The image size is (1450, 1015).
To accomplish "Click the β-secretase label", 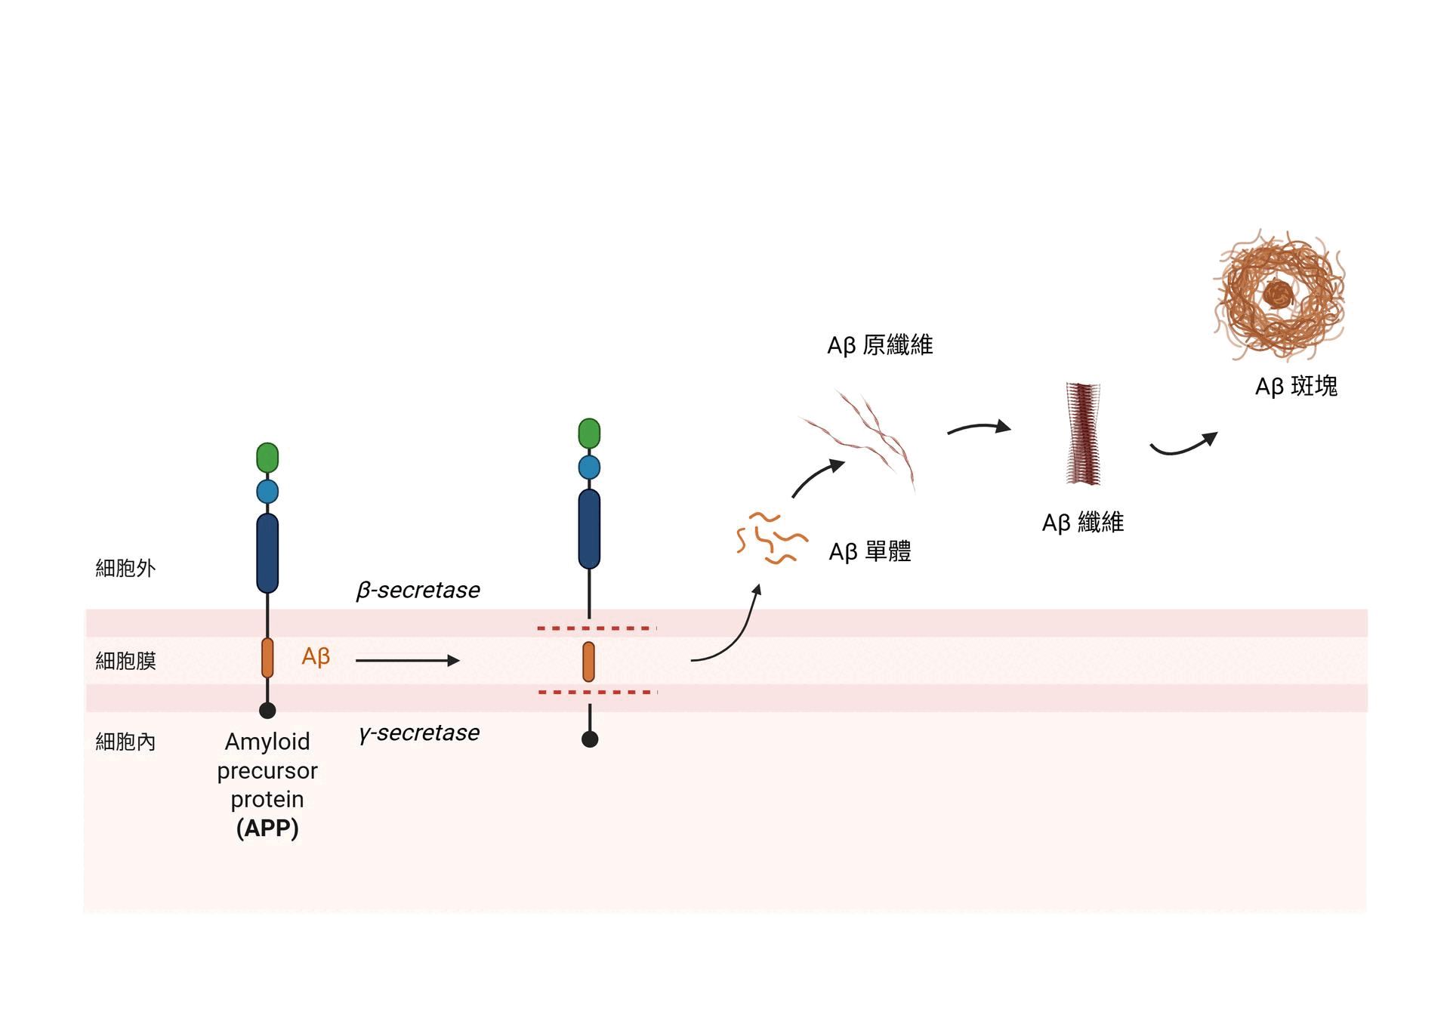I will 418,590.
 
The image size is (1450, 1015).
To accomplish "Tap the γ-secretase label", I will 419,733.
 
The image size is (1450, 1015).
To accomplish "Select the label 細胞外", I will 125,568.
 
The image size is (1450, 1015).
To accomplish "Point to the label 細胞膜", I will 125,661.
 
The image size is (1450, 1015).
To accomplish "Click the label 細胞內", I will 125,742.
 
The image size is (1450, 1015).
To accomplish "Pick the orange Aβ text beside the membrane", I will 316,656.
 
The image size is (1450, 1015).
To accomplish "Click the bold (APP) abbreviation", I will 267,828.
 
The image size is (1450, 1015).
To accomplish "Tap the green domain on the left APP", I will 267,458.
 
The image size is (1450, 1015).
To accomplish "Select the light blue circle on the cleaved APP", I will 589,467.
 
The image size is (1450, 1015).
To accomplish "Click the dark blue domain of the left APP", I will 267,553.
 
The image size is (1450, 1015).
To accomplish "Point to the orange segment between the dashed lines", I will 588,662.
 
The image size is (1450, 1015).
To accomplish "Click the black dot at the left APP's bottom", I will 267,711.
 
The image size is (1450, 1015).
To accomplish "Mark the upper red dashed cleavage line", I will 597,628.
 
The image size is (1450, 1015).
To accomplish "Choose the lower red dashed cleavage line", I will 597,692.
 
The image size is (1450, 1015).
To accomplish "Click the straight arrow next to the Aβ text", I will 407,661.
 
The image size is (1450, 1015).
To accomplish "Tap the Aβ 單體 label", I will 870,551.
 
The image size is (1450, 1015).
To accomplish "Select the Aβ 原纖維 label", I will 880,345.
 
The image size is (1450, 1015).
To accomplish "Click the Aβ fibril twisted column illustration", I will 1083,433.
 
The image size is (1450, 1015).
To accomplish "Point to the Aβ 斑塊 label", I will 1296,386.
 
